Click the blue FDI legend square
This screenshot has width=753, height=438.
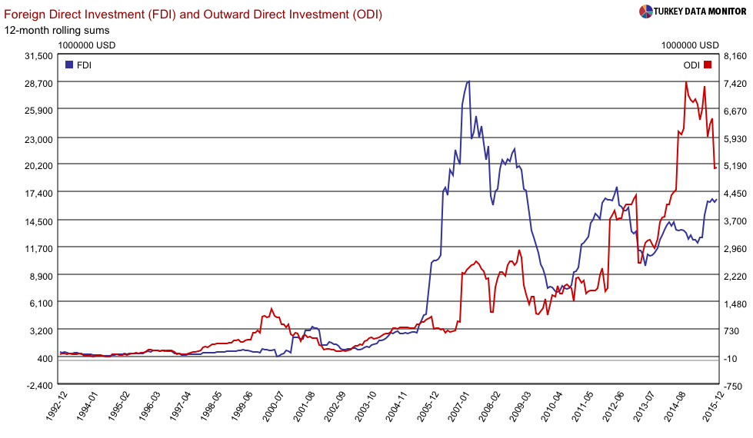coord(69,65)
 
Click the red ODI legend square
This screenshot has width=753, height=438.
coord(708,65)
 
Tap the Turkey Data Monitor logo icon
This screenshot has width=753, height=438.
coord(646,11)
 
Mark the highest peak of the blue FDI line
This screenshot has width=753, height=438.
coord(468,81)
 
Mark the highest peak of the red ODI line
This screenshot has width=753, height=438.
coord(685,82)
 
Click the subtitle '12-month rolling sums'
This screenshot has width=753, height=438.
coord(57,30)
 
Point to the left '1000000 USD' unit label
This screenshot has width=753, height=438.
coord(86,45)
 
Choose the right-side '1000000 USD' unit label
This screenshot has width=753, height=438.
coord(689,45)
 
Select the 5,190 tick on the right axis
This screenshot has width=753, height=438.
coord(735,165)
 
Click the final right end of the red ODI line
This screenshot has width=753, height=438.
coord(716,168)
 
